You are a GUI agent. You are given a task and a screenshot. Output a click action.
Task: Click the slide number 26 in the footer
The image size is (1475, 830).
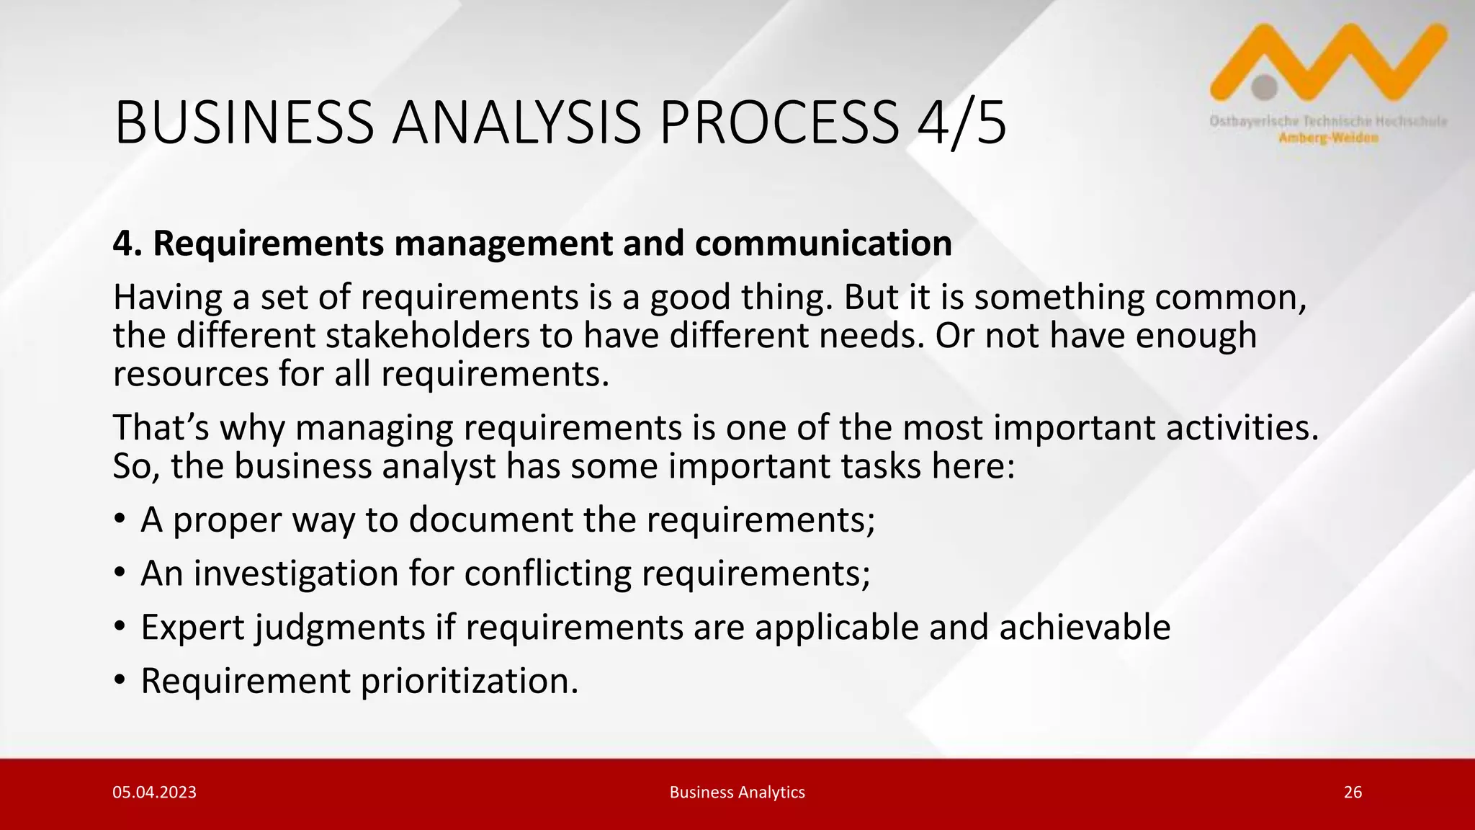click(x=1353, y=793)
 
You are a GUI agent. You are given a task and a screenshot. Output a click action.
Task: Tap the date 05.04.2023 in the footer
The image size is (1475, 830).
click(x=154, y=793)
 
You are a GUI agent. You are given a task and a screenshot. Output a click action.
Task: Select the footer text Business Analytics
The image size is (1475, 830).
click(x=737, y=793)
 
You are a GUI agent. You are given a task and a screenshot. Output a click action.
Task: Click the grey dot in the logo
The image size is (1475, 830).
click(x=1264, y=87)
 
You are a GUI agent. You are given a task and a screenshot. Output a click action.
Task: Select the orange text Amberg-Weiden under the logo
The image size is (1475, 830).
click(x=1329, y=138)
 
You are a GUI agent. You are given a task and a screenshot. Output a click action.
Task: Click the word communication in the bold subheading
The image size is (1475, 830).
click(x=823, y=244)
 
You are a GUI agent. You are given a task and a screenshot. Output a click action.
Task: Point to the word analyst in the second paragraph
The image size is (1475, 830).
click(x=439, y=466)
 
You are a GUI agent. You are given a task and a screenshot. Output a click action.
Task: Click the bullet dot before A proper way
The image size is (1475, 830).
click(x=120, y=520)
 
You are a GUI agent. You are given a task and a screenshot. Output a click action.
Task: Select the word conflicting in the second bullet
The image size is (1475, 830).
click(x=547, y=574)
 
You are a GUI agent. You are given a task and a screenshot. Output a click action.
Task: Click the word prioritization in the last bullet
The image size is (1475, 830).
click(x=469, y=681)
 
